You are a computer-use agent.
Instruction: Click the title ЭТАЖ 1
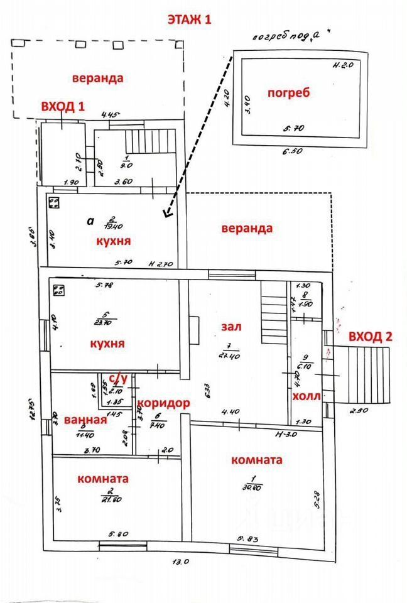point(189,19)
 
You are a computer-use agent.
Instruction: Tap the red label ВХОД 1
point(63,106)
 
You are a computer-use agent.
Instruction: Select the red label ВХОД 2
point(371,335)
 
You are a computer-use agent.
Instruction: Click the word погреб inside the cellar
point(289,93)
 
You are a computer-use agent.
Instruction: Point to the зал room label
point(231,327)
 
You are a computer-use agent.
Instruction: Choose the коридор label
point(163,403)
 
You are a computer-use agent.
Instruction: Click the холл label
point(307,396)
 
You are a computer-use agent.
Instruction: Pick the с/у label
point(119,378)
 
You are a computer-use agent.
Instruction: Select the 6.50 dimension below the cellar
point(293,152)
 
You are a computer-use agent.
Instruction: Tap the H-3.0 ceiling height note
point(285,434)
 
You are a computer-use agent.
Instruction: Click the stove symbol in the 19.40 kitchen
point(55,204)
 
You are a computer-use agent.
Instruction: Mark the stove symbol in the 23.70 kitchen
point(60,290)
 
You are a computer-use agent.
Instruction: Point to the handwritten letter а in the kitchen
point(90,221)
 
